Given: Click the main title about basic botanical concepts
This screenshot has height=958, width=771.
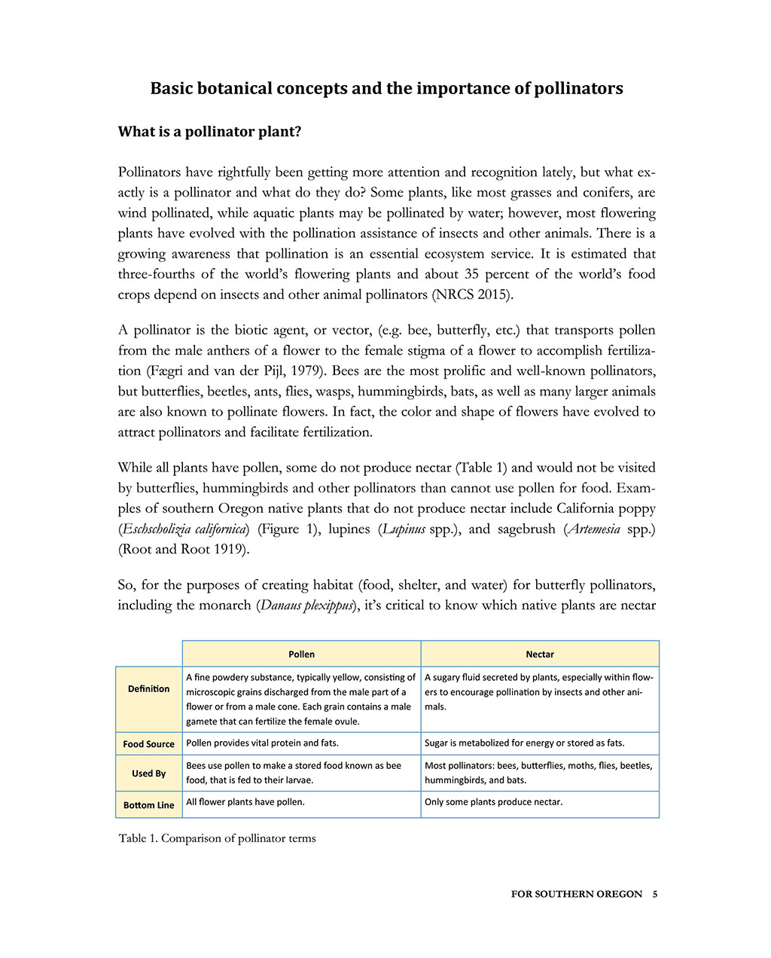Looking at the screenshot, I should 386,89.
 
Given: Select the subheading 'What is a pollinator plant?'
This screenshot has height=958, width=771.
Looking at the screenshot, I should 209,132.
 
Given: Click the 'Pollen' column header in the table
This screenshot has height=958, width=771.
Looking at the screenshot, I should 301,654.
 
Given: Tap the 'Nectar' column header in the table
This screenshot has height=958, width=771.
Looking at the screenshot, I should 540,654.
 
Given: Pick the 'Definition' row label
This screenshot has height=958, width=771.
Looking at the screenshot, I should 148,688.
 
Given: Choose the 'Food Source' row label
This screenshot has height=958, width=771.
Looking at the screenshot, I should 148,744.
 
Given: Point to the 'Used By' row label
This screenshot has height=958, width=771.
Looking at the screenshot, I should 148,773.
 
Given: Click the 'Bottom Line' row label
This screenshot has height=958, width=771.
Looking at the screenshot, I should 148,805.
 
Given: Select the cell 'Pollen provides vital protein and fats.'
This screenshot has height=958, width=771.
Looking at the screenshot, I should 262,743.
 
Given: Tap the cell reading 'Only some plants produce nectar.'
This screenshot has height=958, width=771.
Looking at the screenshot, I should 493,801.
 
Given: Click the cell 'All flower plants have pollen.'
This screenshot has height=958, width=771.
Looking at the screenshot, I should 245,801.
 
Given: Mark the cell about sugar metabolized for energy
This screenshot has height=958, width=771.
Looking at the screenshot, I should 524,743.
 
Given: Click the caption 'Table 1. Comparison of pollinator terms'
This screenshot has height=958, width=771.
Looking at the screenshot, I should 217,838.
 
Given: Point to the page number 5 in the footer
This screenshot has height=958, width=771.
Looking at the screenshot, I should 655,894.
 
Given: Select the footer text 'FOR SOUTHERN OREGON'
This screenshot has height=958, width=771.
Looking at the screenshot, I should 576,894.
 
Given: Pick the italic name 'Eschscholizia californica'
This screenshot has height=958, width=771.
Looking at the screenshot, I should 184,529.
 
